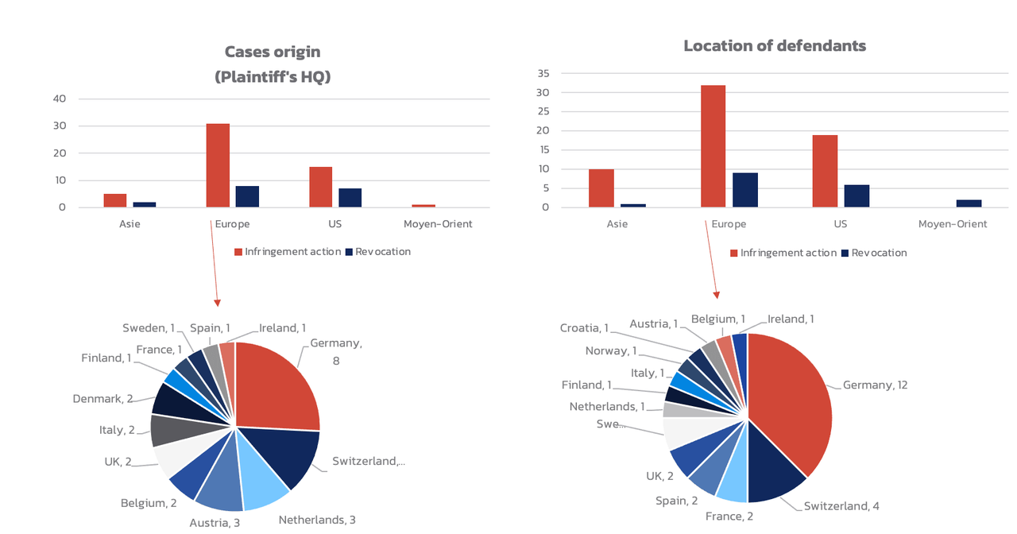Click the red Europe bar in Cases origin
pyautogui.click(x=218, y=165)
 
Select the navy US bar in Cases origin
pyautogui.click(x=350, y=198)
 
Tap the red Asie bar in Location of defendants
pyautogui.click(x=601, y=188)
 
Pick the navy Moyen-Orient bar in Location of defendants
pyautogui.click(x=969, y=203)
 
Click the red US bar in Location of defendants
pyautogui.click(x=825, y=171)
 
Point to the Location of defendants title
pyautogui.click(x=775, y=46)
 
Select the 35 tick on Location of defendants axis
pyautogui.click(x=543, y=73)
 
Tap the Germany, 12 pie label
pyautogui.click(x=875, y=385)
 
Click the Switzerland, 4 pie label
pyautogui.click(x=841, y=506)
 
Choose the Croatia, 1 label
pyautogui.click(x=584, y=328)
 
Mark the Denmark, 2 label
pyautogui.click(x=102, y=399)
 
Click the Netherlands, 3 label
pyautogui.click(x=317, y=520)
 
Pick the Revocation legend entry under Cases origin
pyautogui.click(x=377, y=252)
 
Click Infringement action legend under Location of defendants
pyautogui.click(x=783, y=253)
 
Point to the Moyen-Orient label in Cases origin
pyautogui.click(x=438, y=224)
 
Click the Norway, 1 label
pyautogui.click(x=611, y=351)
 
